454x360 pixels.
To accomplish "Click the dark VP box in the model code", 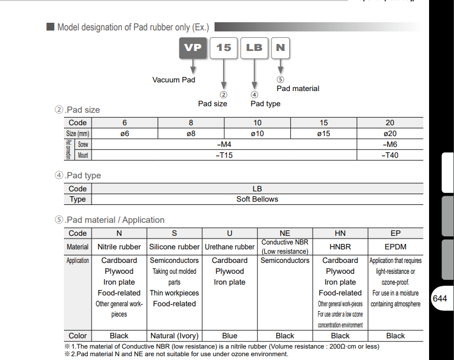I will pyautogui.click(x=192, y=48).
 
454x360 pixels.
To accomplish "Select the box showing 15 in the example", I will pyautogui.click(x=223, y=48).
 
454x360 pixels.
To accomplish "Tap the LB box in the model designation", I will pyautogui.click(x=254, y=48).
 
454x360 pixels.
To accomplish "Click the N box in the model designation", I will pyautogui.click(x=280, y=48).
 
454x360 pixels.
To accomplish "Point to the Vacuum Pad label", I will pyautogui.click(x=173, y=80).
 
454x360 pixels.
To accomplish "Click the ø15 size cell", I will pyautogui.click(x=323, y=133).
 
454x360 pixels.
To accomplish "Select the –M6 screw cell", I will pyautogui.click(x=390, y=144).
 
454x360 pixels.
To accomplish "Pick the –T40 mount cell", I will pyautogui.click(x=390, y=155).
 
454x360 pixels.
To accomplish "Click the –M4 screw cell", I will pyautogui.click(x=224, y=144).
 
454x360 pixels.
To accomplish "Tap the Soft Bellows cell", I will pyautogui.click(x=257, y=199).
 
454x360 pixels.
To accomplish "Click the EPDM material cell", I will pyautogui.click(x=395, y=247).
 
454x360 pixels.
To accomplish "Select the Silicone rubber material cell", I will pyautogui.click(x=174, y=247).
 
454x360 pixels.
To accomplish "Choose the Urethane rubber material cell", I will pyautogui.click(x=230, y=247).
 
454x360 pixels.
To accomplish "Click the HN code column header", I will pyautogui.click(x=340, y=233).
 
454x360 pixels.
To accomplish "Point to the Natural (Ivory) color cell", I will pyautogui.click(x=174, y=336).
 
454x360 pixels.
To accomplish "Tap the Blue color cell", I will pyautogui.click(x=230, y=336).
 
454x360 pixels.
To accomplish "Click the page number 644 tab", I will pyautogui.click(x=440, y=299).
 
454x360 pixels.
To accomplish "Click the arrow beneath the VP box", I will pyautogui.click(x=193, y=66).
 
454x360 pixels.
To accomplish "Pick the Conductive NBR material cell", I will pyautogui.click(x=285, y=247).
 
